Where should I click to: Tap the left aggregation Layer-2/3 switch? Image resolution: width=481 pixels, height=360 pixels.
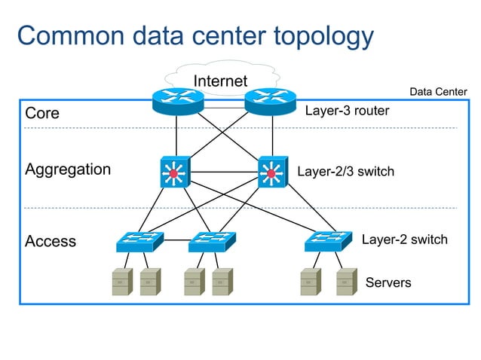[174, 172]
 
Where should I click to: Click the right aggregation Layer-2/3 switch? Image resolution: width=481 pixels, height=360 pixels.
[271, 172]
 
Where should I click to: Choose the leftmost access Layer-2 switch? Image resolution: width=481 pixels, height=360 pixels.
[139, 241]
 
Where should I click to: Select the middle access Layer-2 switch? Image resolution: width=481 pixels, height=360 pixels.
[212, 241]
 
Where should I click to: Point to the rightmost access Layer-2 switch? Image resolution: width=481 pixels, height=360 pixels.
[328, 241]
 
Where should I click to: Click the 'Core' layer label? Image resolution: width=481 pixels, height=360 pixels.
[42, 114]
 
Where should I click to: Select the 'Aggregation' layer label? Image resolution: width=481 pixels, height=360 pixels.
[68, 169]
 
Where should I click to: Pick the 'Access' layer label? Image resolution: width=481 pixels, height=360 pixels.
[51, 242]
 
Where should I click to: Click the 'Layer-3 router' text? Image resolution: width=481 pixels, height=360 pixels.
[347, 111]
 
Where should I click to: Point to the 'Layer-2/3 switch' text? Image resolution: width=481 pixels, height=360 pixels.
[345, 172]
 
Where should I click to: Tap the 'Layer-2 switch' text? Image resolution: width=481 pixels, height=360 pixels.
[404, 239]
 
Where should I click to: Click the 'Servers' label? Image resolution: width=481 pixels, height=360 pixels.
[388, 283]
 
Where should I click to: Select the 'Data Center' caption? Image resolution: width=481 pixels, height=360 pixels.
[438, 92]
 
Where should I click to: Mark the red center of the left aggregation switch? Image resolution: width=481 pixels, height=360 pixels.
[174, 175]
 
